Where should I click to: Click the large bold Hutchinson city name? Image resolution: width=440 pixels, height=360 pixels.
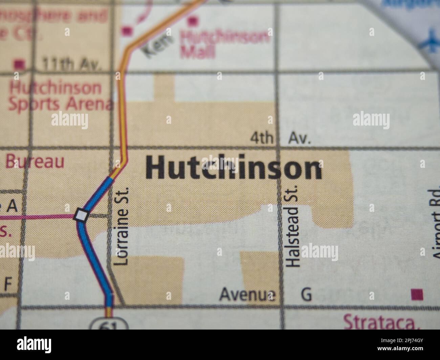coord(234,168)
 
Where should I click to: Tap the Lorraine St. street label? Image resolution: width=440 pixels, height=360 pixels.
coord(122,226)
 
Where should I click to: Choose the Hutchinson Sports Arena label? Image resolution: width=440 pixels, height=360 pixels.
coord(59,96)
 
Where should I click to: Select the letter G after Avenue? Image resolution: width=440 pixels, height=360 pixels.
coord(306,294)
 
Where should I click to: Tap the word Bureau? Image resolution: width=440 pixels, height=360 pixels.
coord(35,162)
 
